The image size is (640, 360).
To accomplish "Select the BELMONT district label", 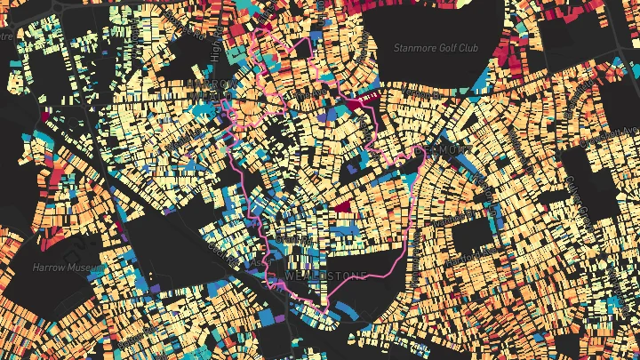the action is click(x=436, y=150).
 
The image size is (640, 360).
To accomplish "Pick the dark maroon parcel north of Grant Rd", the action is click(x=341, y=204).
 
